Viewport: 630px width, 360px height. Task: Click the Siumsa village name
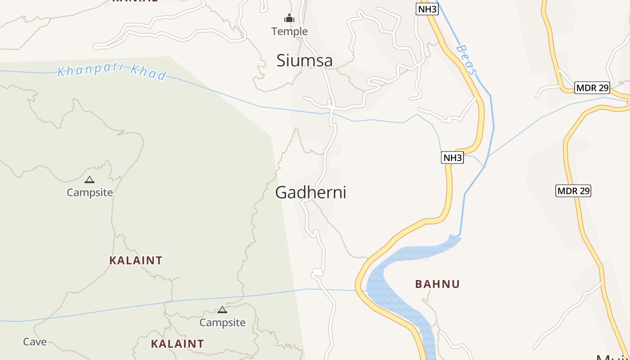pos(304,60)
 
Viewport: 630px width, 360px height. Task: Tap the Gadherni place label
pos(310,193)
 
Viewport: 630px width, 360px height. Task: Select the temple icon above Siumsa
pos(289,18)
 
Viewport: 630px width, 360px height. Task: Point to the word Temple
pos(289,31)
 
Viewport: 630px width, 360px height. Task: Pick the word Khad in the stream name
pos(148,72)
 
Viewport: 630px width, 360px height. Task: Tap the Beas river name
pos(466,59)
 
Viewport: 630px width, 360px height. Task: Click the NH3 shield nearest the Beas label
pos(427,9)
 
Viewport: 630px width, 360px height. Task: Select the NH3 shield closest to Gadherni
pos(452,157)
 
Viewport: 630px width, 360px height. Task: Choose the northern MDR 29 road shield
pos(592,88)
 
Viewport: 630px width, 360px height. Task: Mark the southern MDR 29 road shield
pos(573,191)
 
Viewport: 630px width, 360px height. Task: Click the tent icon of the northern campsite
pos(90,180)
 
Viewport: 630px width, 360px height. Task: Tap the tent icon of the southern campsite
pos(222,310)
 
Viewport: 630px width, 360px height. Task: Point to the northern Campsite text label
pos(90,193)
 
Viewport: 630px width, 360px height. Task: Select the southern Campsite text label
pos(222,323)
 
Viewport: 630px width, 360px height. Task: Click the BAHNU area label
pos(437,284)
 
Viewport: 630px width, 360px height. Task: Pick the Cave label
pos(35,342)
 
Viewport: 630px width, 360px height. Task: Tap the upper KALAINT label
pos(135,261)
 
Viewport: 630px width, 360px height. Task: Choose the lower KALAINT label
pos(177,344)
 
